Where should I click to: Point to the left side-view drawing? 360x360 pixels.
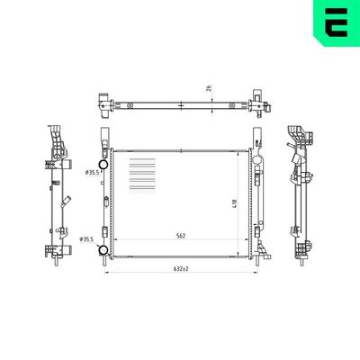(57, 193)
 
